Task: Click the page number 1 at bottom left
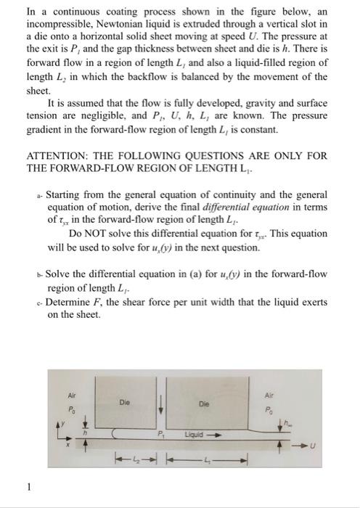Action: coord(28,488)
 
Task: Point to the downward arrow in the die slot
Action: coord(162,409)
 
